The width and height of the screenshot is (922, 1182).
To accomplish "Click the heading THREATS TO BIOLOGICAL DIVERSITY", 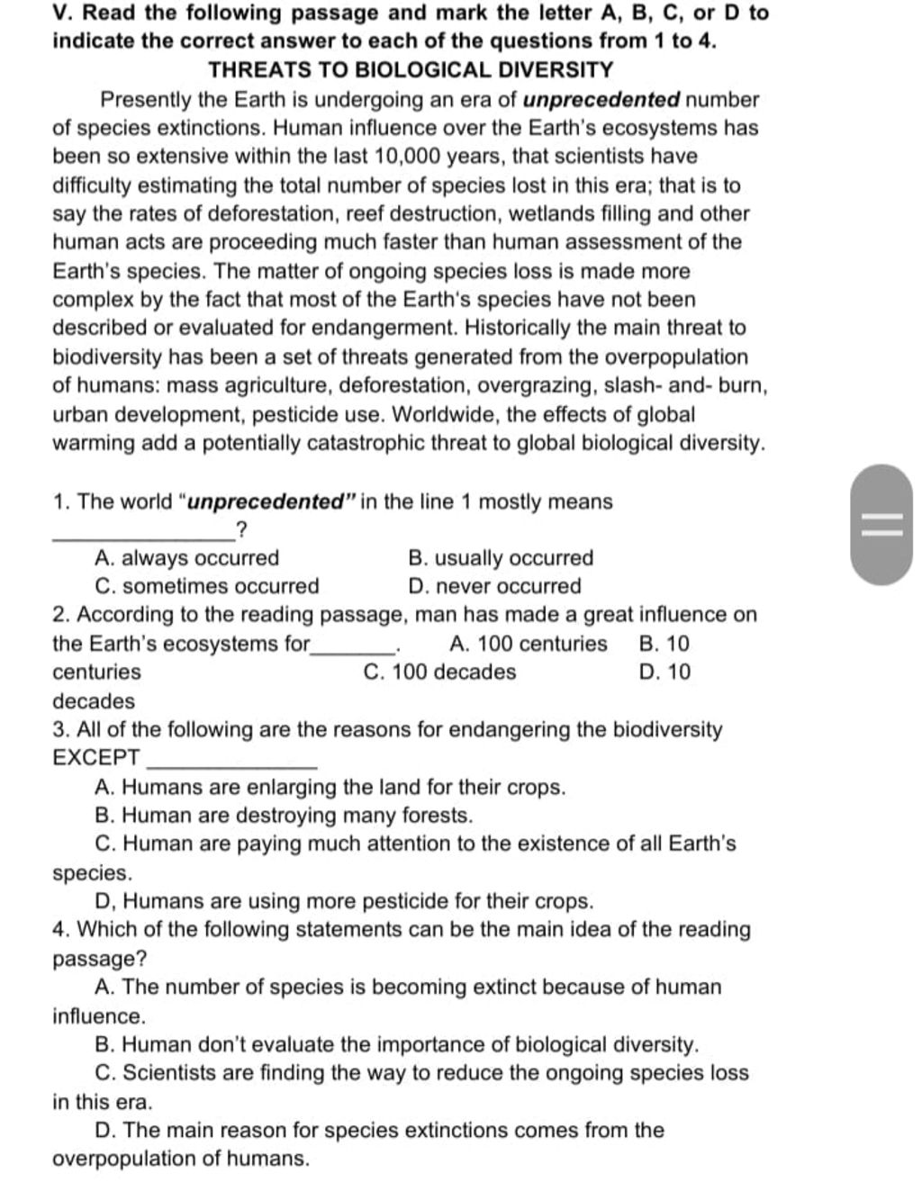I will coord(411,70).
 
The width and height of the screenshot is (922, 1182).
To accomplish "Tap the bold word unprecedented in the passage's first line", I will coord(601,100).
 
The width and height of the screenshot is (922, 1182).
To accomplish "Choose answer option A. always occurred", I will coord(187,558).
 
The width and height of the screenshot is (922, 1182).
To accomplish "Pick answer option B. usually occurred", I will coord(501,558).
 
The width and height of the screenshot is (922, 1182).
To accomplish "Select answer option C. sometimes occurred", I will coord(207,587).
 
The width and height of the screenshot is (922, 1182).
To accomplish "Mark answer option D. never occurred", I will coord(494,587).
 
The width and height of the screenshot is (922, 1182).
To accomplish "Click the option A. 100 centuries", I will coord(528,644).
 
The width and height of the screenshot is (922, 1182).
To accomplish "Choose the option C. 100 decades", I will coord(440,672).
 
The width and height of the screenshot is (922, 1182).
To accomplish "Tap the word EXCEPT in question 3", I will coord(96,758).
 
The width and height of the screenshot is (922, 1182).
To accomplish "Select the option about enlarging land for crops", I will coord(330,788).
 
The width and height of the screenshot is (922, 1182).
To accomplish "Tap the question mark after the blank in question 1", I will coord(240,529).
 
